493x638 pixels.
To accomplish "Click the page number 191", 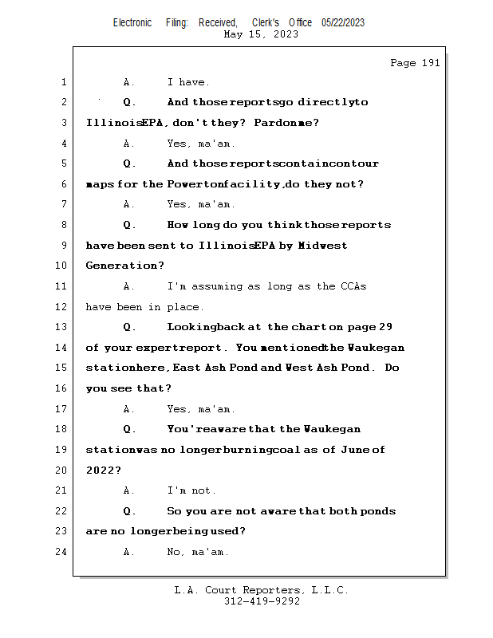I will coord(431,63).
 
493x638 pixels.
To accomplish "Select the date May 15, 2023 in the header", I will coord(262,34).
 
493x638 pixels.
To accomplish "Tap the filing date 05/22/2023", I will coord(343,23).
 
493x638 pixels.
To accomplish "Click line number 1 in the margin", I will coord(64,82).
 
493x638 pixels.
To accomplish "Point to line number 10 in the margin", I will coord(61,266).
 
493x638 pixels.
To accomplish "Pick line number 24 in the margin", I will coord(61,552).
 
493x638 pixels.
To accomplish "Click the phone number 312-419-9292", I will coord(262,601).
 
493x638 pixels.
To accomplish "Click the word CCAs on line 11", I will coord(353,286).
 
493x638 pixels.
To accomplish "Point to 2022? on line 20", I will coord(103,471).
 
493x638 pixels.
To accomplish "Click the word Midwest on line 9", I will coord(323,246).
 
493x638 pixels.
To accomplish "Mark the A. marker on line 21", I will coord(129,490).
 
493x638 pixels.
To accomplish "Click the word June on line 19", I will coord(353,450).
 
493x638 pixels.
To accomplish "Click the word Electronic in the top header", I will coord(132,23).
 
